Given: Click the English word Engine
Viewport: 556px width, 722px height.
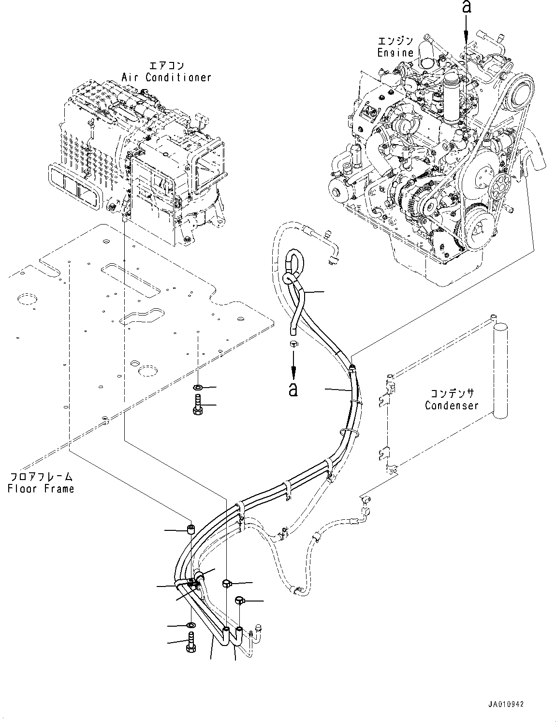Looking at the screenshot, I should click(395, 53).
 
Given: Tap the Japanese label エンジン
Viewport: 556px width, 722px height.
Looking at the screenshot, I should click(395, 41).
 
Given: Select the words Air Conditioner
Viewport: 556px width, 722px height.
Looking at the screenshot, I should click(166, 77).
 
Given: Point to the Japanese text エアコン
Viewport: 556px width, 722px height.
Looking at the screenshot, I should click(166, 65).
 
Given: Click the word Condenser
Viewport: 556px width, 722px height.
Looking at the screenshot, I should click(451, 405).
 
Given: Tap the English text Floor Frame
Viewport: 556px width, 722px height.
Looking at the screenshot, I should click(41, 488).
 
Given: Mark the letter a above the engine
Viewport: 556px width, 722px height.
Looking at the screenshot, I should click(466, 7).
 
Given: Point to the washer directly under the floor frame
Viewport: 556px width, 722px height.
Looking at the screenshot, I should click(197, 387).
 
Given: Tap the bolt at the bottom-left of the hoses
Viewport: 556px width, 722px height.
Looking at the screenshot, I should click(190, 642).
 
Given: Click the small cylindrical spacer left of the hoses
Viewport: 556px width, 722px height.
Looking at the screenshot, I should click(191, 529).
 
